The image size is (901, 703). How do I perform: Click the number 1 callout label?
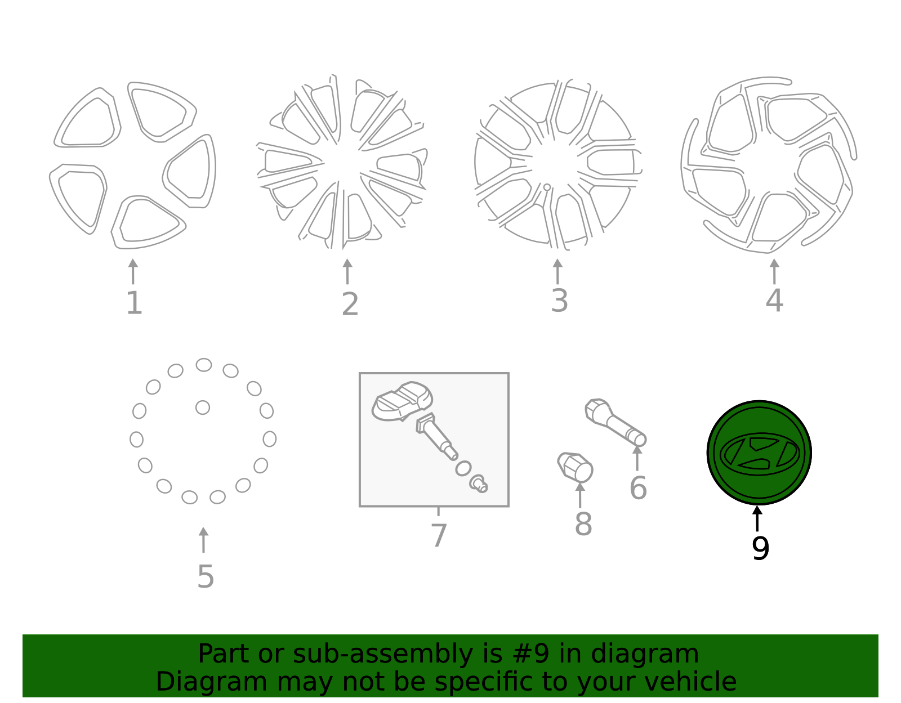point(134,303)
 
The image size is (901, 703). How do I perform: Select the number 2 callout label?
point(350,304)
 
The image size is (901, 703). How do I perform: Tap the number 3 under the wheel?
point(559,301)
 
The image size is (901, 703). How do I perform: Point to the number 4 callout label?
point(774,301)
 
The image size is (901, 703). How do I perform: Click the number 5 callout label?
point(206,576)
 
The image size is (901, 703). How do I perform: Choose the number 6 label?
point(638,488)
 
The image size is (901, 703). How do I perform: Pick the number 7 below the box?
point(439,535)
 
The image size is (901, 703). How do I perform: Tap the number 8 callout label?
point(583,523)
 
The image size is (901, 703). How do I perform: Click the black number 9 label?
point(760,548)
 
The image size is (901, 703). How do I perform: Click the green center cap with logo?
point(759,453)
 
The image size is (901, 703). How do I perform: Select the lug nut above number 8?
point(575,467)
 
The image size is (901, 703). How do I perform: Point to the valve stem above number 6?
point(615,423)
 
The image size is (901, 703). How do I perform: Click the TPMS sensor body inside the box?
point(402,401)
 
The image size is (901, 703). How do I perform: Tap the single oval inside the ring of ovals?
point(203,408)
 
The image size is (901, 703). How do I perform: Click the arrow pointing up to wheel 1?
point(133,271)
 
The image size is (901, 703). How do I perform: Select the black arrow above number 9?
point(757,518)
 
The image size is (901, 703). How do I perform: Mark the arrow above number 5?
point(203,540)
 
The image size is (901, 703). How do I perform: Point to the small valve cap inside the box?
point(479,483)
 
